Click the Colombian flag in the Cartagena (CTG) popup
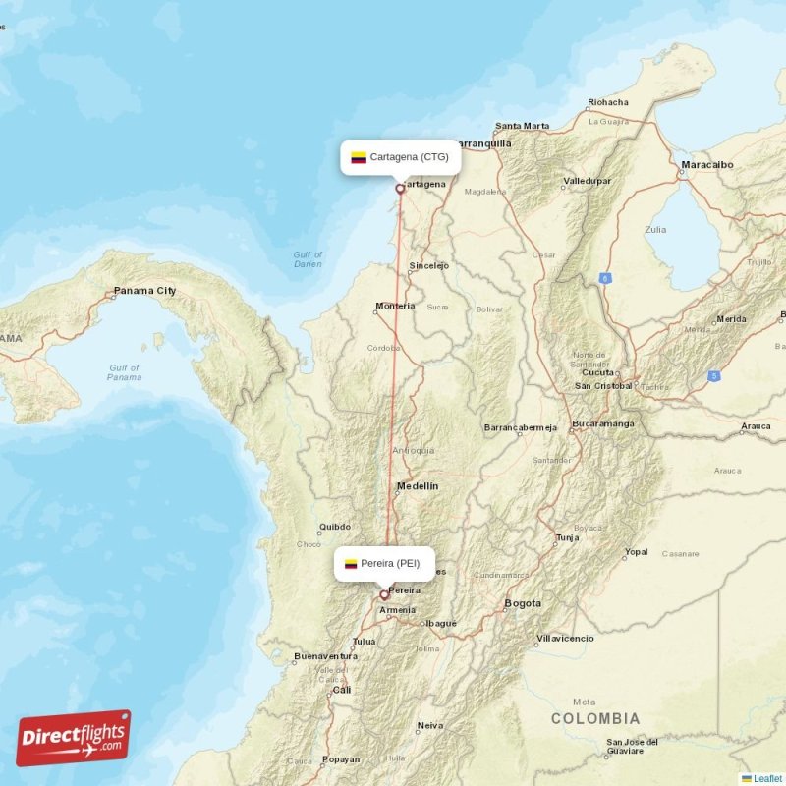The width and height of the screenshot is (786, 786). tap(359, 157)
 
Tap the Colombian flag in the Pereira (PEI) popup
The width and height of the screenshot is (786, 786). tap(350, 564)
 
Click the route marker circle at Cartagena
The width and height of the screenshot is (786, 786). tap(400, 189)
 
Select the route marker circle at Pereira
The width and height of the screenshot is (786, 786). tap(384, 594)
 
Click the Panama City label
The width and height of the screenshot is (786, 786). tap(144, 291)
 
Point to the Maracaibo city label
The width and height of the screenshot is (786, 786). tap(707, 165)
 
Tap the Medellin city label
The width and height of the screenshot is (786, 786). tap(418, 486)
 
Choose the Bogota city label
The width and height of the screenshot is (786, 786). tap(522, 602)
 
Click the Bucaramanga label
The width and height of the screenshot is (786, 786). tap(603, 423)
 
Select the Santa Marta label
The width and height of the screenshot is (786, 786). tap(523, 126)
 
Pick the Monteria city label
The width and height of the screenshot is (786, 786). tap(395, 306)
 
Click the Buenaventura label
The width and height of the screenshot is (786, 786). tap(325, 655)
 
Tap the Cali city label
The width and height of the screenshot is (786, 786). tap(342, 690)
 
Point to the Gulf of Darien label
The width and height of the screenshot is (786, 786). tap(308, 259)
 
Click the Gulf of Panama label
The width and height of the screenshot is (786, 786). tap(124, 372)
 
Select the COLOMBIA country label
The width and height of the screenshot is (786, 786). tap(595, 719)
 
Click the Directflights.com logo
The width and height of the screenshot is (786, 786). tap(74, 738)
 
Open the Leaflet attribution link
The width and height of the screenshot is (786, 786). tap(767, 778)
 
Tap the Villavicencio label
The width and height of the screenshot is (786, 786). tap(565, 638)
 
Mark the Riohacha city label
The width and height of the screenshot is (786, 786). tap(607, 102)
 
